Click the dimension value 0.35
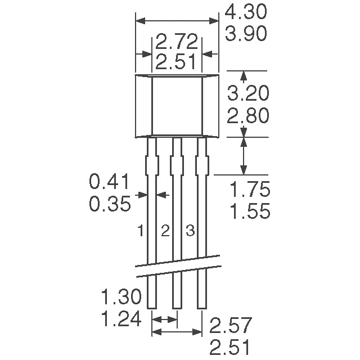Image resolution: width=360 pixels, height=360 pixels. (110, 204)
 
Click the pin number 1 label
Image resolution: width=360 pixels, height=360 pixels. (141, 231)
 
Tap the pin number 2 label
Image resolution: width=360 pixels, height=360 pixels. (165, 231)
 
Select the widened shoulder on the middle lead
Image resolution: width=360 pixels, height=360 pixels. (177, 166)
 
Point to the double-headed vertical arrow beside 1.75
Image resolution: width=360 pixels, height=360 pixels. (243, 156)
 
